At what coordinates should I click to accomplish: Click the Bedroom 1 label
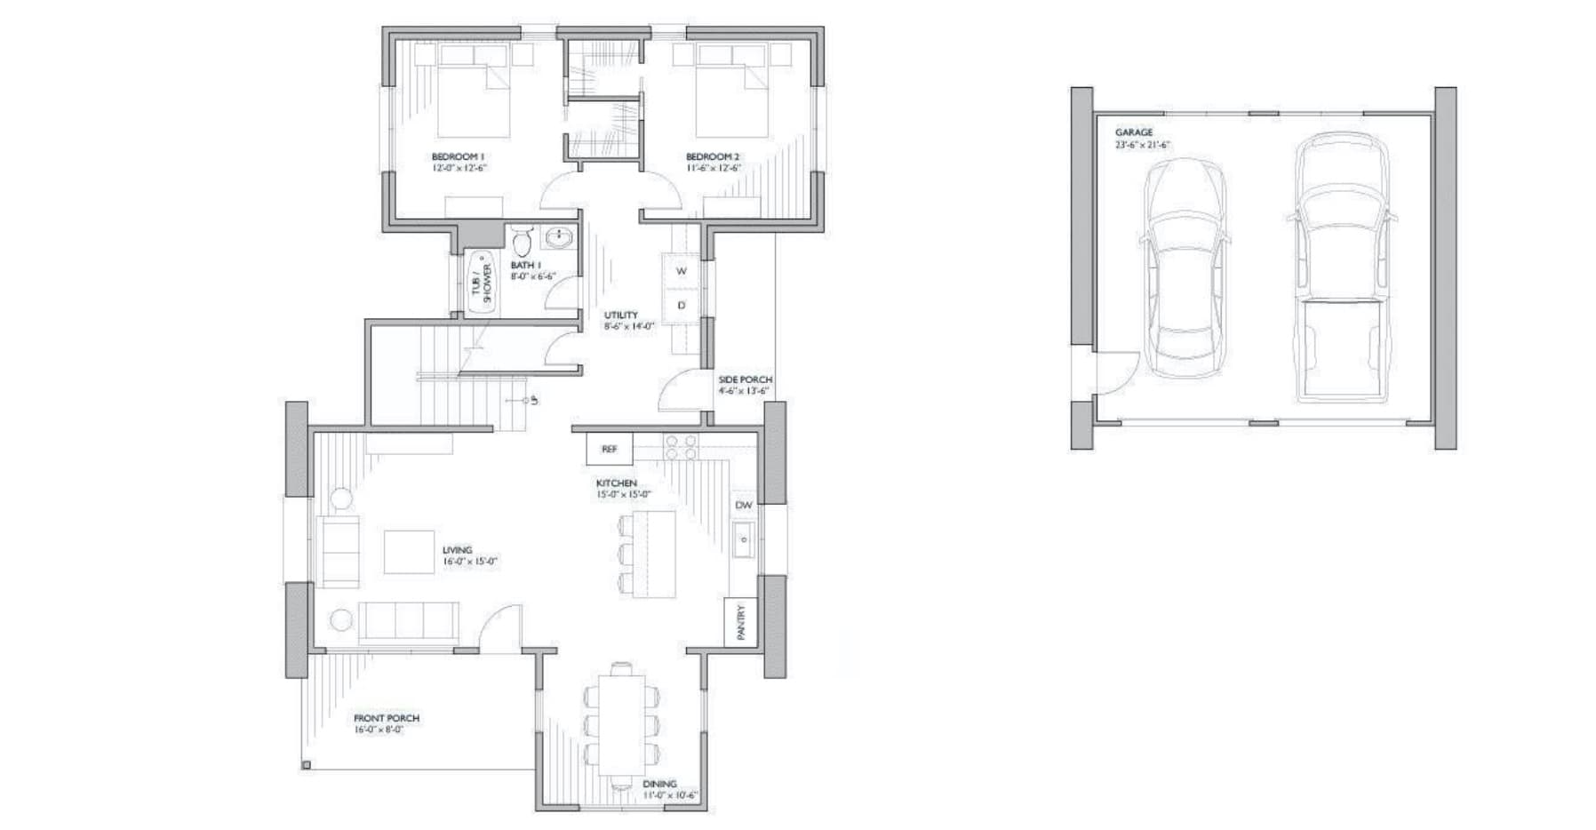click(458, 156)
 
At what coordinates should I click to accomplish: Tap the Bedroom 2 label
click(713, 156)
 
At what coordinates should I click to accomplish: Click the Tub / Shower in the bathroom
click(481, 283)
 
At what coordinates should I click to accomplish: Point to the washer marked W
click(682, 271)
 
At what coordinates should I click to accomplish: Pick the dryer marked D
click(682, 305)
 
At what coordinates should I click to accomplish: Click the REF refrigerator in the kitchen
click(609, 450)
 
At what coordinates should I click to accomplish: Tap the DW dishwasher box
click(744, 505)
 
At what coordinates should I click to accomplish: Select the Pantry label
click(741, 622)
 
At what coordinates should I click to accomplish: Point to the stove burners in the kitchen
click(681, 446)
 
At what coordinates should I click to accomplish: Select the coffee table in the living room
click(409, 552)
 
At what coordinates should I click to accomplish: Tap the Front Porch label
click(387, 718)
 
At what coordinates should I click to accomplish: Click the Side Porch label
click(745, 379)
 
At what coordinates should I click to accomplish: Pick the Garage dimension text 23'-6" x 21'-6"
click(1142, 145)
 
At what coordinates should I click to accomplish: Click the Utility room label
click(621, 315)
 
